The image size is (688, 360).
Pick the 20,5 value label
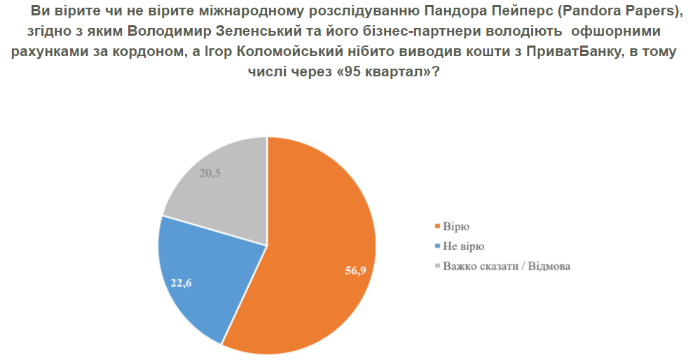[x=210, y=173]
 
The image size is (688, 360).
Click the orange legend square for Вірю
[x=437, y=226]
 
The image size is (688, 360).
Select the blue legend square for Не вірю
[x=437, y=247]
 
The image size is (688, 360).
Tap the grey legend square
[x=437, y=266]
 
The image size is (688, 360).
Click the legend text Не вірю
[x=464, y=247]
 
